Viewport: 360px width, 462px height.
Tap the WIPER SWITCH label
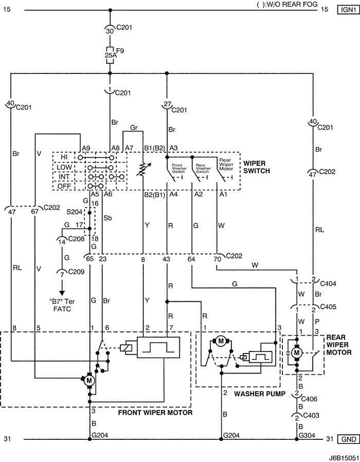point(258,167)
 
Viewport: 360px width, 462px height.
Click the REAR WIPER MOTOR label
point(339,345)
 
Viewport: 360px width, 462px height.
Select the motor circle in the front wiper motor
point(89,380)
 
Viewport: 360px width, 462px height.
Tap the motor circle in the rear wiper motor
point(296,353)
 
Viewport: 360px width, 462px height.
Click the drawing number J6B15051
point(338,455)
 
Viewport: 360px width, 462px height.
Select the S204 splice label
point(74,211)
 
